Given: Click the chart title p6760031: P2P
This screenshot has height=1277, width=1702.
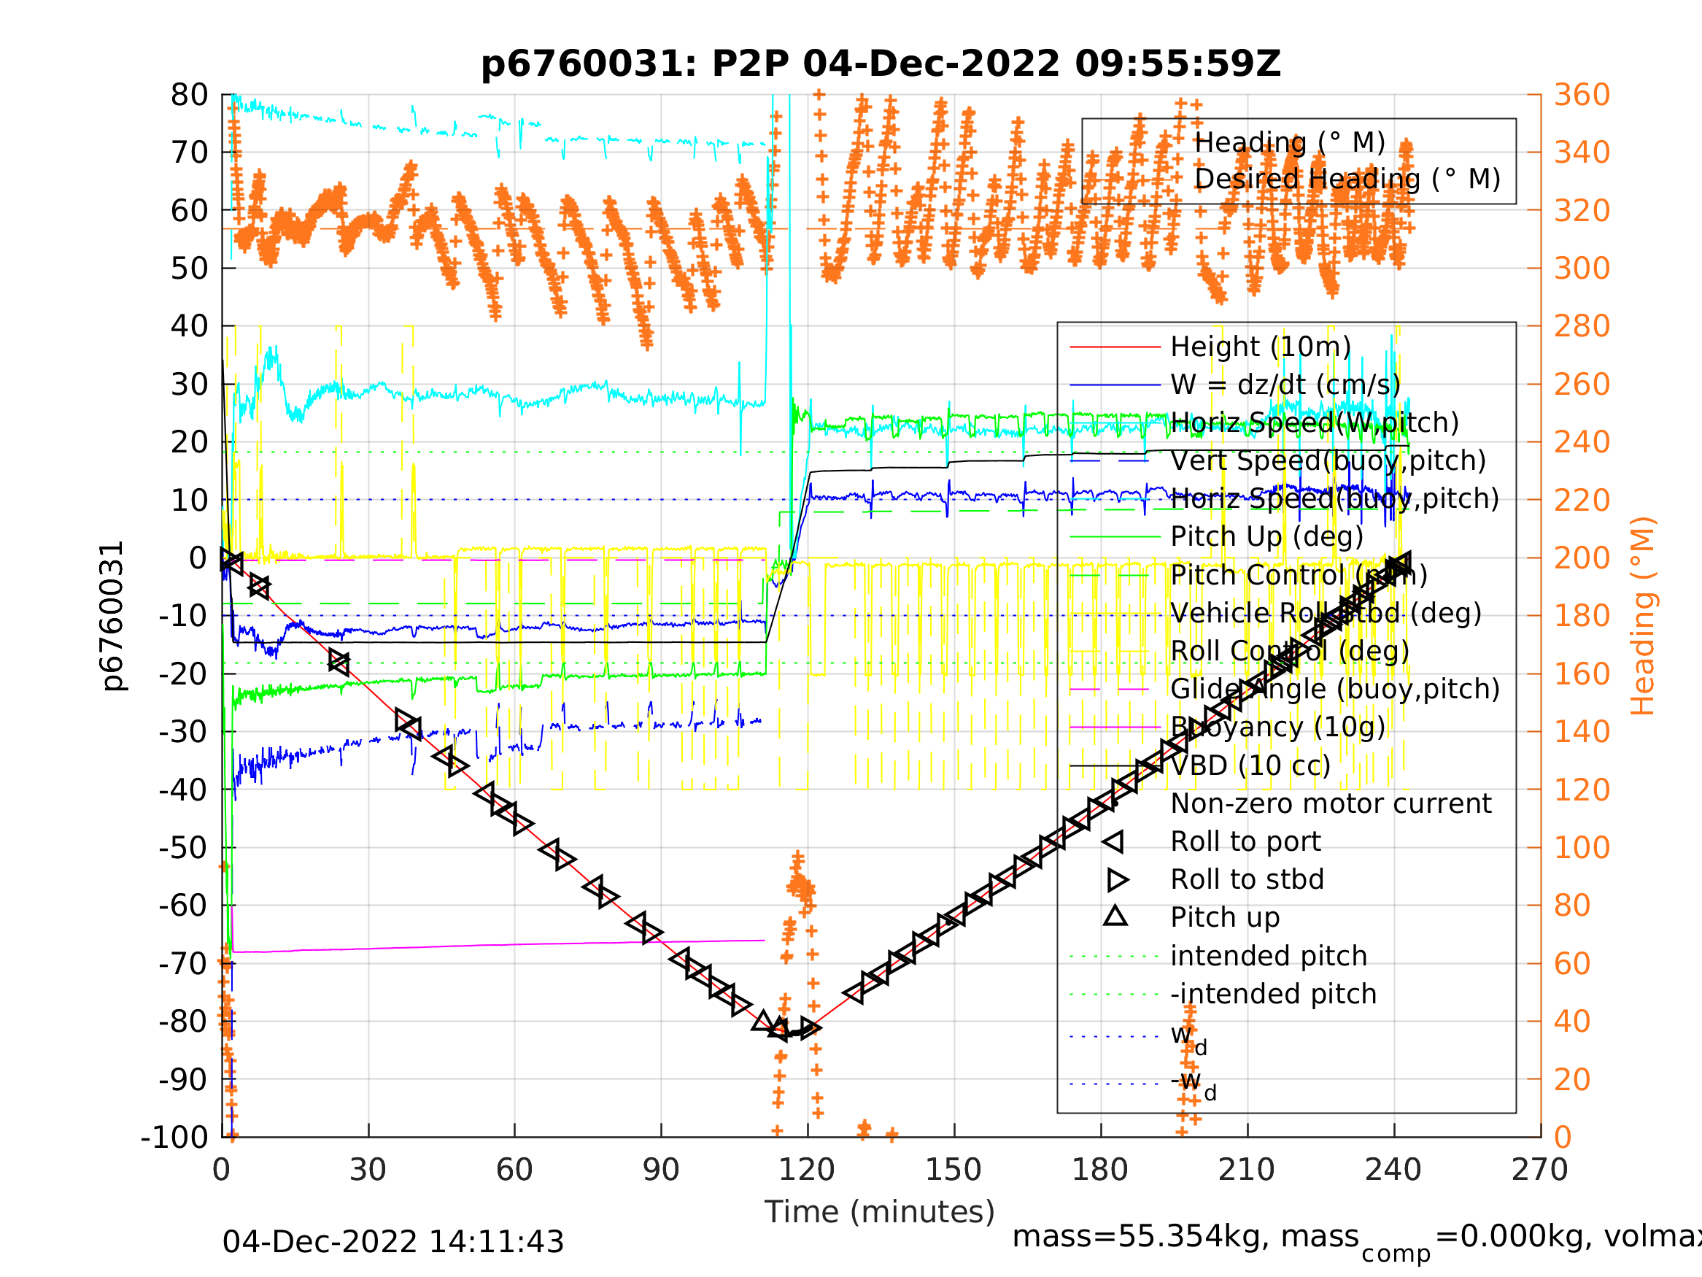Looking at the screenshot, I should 881,64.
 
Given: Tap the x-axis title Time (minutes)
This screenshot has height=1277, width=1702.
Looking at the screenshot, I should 880,1211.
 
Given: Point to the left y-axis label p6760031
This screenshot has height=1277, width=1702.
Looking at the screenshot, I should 113,616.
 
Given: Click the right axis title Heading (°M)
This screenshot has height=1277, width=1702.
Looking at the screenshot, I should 1643,616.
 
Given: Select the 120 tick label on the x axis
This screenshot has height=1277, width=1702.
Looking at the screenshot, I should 806,1170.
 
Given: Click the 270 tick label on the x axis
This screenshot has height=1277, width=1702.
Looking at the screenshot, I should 1539,1170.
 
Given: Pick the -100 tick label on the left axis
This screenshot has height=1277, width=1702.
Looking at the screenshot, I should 174,1137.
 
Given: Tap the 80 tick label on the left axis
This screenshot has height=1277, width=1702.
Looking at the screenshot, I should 189,96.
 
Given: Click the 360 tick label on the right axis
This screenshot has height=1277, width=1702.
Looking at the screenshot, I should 1582,96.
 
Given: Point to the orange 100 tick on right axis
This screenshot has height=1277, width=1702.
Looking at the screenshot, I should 1582,847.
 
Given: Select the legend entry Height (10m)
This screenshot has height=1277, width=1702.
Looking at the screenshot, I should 1261,347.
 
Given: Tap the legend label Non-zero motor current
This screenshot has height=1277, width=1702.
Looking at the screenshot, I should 1331,803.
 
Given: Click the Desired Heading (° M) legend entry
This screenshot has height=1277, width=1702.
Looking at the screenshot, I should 1347,180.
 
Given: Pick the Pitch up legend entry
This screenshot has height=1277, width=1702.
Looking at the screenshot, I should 1225,917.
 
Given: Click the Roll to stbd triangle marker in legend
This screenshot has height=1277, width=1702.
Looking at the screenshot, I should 1117,880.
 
